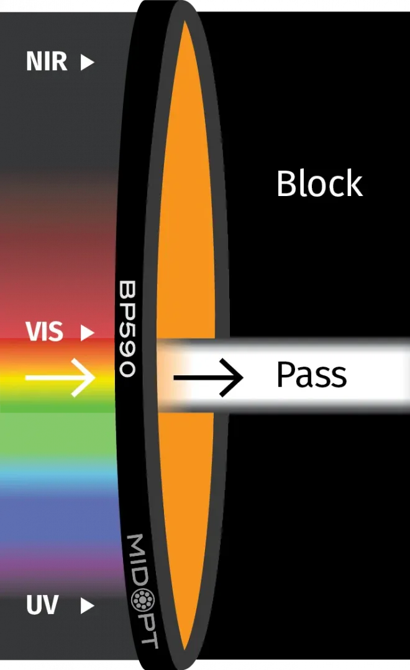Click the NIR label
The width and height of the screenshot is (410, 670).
47,61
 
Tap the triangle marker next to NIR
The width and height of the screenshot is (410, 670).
87,62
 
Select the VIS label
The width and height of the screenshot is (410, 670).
44,331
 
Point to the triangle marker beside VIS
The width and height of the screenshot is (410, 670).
87,333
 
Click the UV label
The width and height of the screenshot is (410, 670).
42,605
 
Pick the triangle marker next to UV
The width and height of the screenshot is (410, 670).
87,605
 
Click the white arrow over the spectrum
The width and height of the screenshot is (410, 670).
60,378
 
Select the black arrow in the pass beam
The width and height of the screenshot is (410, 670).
208,378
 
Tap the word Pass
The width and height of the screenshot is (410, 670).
312,375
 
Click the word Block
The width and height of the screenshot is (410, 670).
320,183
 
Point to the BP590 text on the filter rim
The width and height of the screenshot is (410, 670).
127,329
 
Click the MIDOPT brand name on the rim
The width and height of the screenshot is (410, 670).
143,591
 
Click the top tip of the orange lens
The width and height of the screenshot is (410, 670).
184,21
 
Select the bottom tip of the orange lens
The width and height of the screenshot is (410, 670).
184,650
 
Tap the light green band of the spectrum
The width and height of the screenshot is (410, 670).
58,436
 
